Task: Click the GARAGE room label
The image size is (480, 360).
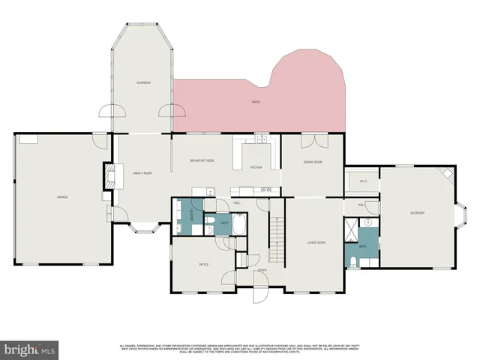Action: (63, 197)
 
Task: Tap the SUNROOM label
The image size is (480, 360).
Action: (142, 82)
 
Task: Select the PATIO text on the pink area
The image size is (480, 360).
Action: (256, 101)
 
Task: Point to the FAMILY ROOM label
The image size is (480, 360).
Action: (142, 173)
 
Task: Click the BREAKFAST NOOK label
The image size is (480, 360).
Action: (202, 160)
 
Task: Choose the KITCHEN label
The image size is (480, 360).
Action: (256, 167)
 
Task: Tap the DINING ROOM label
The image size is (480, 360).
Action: (313, 162)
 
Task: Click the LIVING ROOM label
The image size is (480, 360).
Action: (316, 242)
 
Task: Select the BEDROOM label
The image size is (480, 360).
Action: (417, 213)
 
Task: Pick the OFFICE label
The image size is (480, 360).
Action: (203, 265)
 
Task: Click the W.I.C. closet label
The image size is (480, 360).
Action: (363, 181)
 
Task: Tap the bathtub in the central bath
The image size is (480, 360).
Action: (238, 223)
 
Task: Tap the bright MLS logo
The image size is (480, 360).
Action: (30, 349)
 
